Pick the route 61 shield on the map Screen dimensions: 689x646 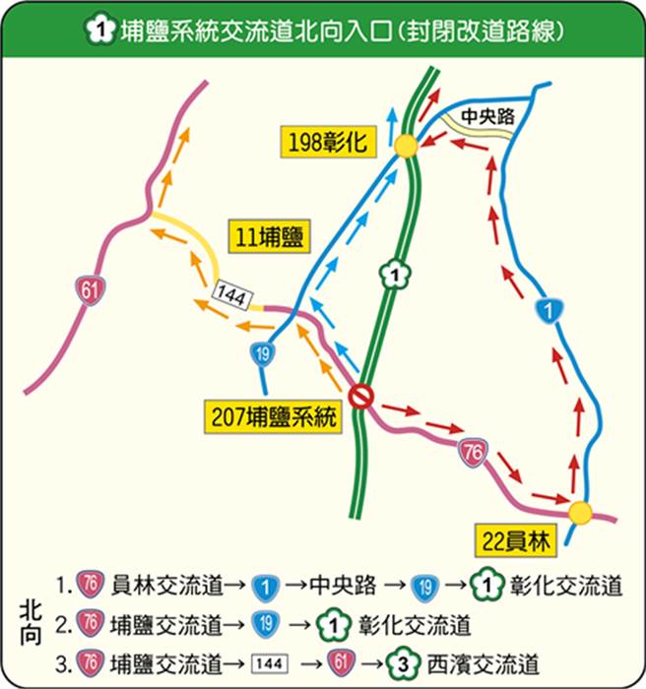[91, 289]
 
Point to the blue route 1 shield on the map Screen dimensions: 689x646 [546, 310]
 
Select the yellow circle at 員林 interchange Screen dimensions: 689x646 [579, 512]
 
